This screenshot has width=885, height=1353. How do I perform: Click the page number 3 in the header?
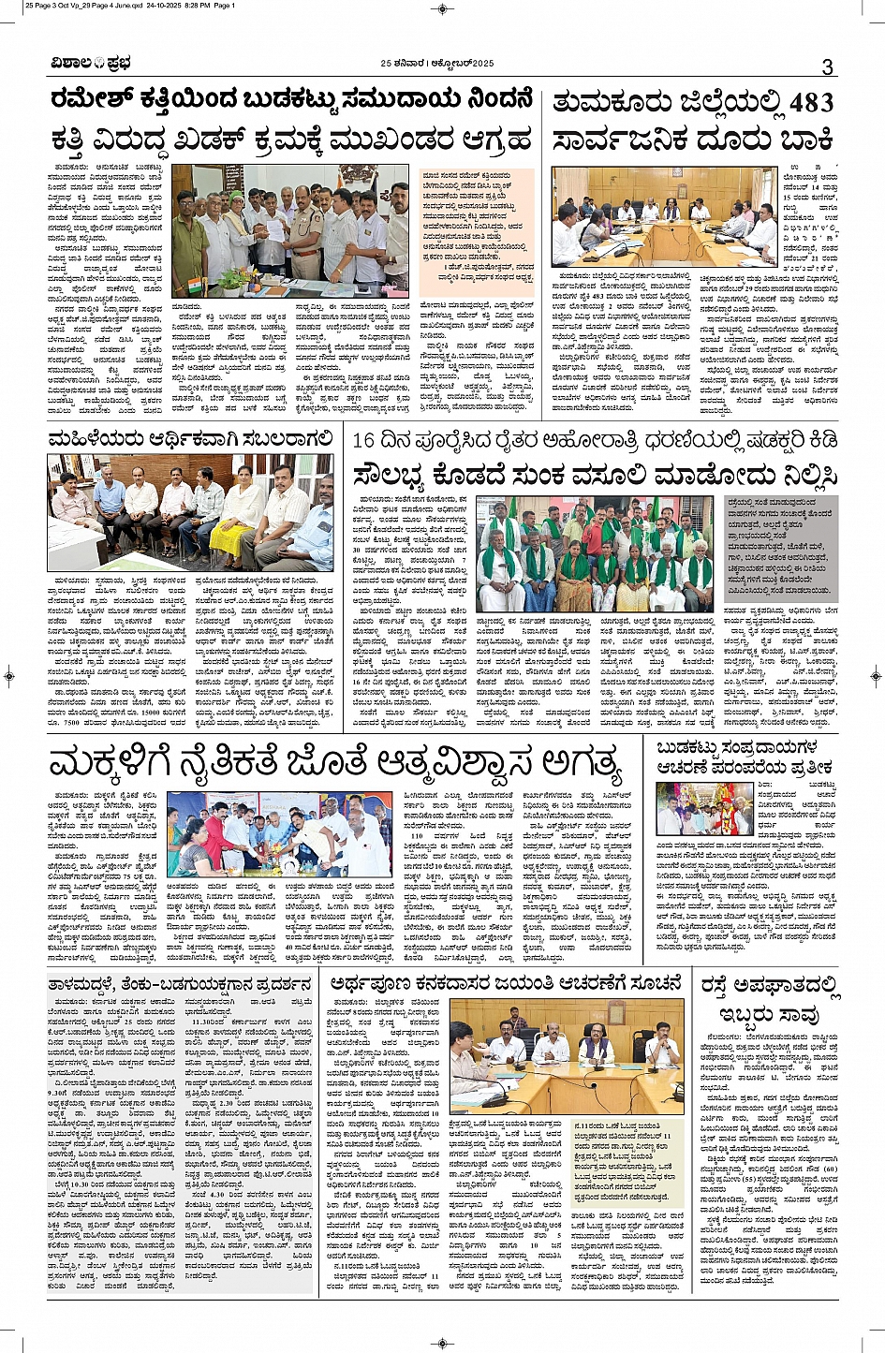tap(826, 66)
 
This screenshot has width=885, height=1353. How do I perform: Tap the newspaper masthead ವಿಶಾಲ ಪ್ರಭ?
tap(92, 64)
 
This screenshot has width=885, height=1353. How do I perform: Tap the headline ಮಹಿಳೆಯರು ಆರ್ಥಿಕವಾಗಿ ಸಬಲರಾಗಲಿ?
tap(191, 438)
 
